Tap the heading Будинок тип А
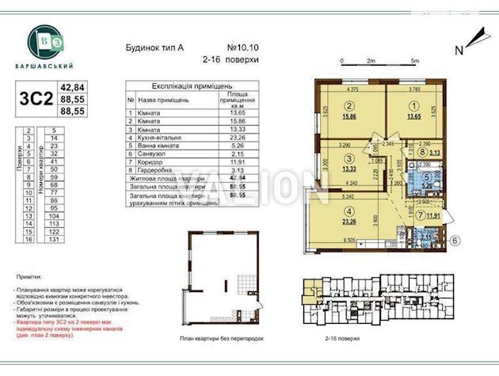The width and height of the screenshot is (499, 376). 156,47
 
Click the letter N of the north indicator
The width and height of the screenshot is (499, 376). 459,50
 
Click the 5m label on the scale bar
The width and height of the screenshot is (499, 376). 414,61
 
